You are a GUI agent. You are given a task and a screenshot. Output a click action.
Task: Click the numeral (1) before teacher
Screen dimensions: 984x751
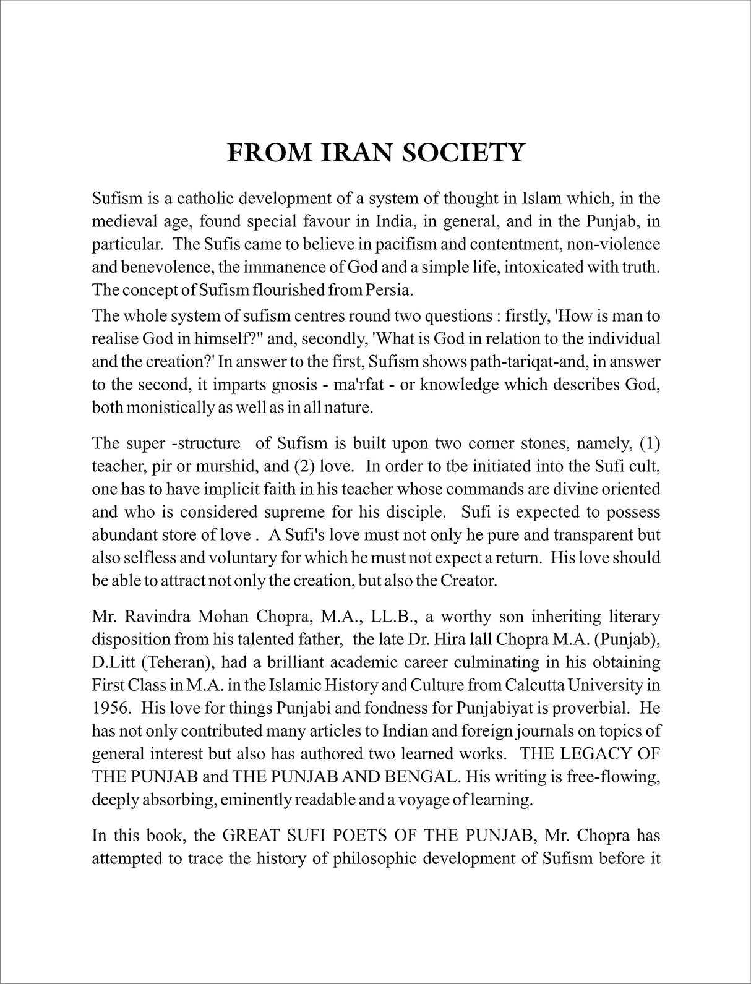pos(650,443)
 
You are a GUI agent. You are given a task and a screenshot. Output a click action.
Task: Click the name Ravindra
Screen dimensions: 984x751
pos(161,617)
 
